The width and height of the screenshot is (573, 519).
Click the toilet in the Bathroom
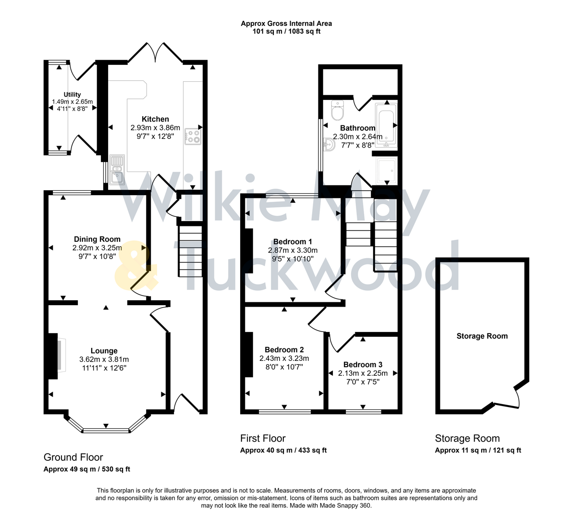(337, 111)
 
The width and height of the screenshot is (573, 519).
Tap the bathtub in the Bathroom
(386, 124)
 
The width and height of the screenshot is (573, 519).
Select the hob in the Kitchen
(194, 136)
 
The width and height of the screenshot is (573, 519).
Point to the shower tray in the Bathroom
(386, 171)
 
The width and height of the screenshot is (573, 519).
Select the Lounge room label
(104, 351)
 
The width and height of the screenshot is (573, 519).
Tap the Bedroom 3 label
(363, 365)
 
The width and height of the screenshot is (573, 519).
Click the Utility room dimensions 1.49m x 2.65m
(72, 102)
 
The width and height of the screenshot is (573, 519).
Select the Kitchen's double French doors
(155, 53)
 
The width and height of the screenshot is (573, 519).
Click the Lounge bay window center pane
(106, 430)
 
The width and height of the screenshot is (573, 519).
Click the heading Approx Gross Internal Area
(286, 23)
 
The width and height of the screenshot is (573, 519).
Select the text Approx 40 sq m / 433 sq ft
(283, 450)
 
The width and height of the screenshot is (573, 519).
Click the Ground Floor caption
(73, 457)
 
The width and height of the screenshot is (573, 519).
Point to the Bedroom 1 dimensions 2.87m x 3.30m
(293, 250)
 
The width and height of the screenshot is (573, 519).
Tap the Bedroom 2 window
(284, 411)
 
